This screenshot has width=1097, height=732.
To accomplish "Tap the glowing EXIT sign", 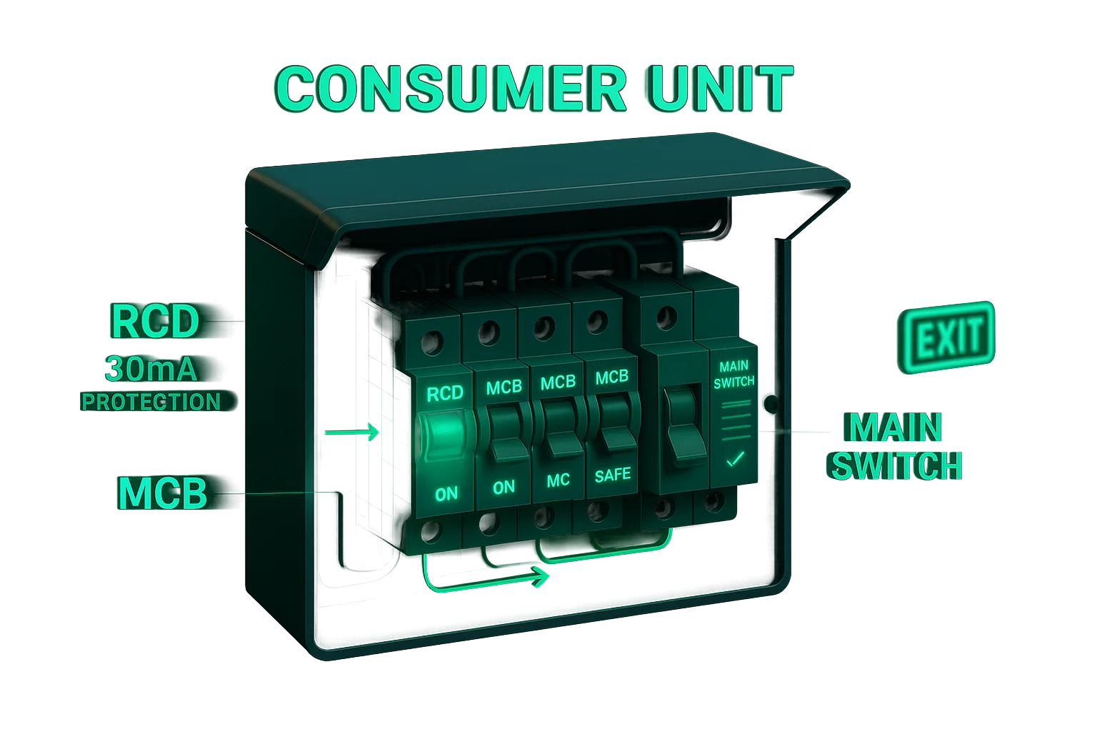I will point(948,337).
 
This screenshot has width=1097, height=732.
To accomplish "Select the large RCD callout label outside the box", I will point(154,322).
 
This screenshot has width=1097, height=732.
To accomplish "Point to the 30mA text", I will point(151,369).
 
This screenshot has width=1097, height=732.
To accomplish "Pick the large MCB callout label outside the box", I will point(163,493).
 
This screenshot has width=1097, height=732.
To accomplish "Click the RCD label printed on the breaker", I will point(444,393).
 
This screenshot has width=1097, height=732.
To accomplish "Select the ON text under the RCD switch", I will point(446,493).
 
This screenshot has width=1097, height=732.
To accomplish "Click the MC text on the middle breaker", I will point(558,480).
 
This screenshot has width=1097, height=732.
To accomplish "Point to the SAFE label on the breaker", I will point(613,475).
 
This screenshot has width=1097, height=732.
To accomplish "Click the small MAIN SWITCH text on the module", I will point(734,374).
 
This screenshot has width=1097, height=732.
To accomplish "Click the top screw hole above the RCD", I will point(432,343).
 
